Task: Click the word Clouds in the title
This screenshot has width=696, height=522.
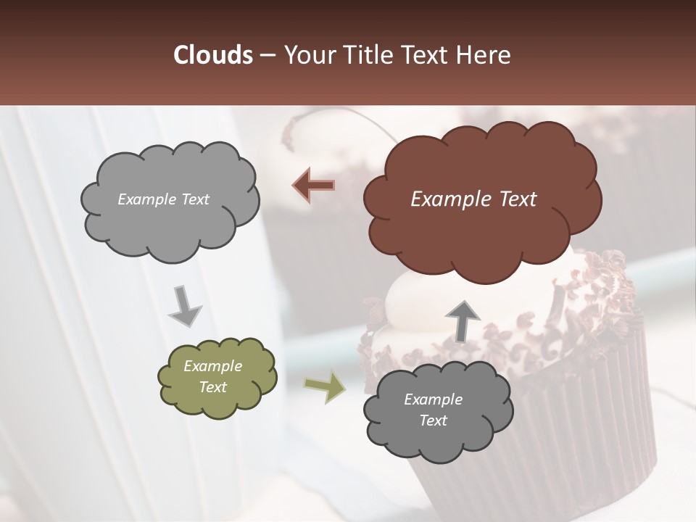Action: pyautogui.click(x=212, y=55)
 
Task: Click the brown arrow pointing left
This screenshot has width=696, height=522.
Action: pyautogui.click(x=314, y=186)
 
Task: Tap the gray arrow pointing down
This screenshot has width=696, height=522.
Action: pyautogui.click(x=185, y=307)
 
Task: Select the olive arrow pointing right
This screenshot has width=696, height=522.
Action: pyautogui.click(x=325, y=387)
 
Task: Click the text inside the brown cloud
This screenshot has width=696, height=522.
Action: pyautogui.click(x=473, y=199)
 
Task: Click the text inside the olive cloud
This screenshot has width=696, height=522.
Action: pyautogui.click(x=212, y=376)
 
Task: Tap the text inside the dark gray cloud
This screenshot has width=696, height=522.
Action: pyautogui.click(x=433, y=410)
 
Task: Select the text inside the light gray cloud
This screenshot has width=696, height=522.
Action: pyautogui.click(x=163, y=199)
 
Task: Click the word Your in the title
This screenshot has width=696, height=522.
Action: pyautogui.click(x=307, y=55)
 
